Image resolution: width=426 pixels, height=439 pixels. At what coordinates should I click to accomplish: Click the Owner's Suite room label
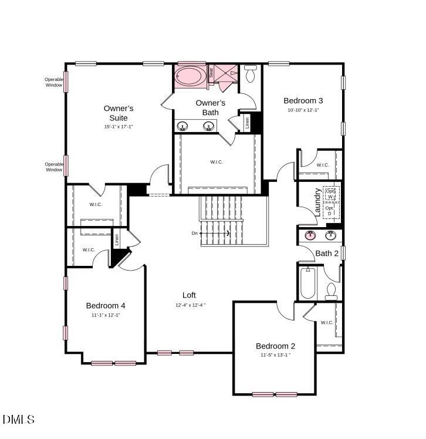pyautogui.click(x=119, y=113)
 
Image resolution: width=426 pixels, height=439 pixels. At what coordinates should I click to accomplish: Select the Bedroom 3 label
pyautogui.click(x=303, y=100)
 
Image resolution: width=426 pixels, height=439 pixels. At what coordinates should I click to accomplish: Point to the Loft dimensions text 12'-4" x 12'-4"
pyautogui.click(x=190, y=305)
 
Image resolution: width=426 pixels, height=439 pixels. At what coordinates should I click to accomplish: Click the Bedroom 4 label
pyautogui.click(x=106, y=305)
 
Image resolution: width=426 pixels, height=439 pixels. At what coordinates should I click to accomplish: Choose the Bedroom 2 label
pyautogui.click(x=275, y=346)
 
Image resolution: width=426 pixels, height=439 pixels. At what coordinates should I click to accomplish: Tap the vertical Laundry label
pyautogui.click(x=317, y=202)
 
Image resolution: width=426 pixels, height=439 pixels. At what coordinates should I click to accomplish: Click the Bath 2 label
pyautogui.click(x=327, y=254)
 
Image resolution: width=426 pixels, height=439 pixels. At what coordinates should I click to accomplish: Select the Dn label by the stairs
pyautogui.click(x=195, y=233)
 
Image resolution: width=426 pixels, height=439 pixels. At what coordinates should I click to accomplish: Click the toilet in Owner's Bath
pyautogui.click(x=251, y=74)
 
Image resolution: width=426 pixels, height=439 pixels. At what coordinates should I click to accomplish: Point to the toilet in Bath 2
pyautogui.click(x=332, y=291)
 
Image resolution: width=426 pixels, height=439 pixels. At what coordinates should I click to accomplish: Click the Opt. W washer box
pyautogui.click(x=331, y=194)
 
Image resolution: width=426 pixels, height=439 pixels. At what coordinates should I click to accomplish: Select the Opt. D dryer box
pyautogui.click(x=330, y=210)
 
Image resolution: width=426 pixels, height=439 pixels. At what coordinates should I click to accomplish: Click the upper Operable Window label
pyautogui.click(x=53, y=82)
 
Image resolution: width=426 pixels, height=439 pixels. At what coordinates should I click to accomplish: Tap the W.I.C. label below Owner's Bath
pyautogui.click(x=217, y=162)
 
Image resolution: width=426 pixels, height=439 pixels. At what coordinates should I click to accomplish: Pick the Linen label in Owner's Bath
pyautogui.click(x=247, y=123)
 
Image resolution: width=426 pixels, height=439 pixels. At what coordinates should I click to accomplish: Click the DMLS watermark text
pyautogui.click(x=19, y=419)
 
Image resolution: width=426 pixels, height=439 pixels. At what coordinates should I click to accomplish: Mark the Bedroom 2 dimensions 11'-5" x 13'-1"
pyautogui.click(x=275, y=355)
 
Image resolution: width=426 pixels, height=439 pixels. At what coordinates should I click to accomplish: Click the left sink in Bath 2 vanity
pyautogui.click(x=309, y=236)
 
